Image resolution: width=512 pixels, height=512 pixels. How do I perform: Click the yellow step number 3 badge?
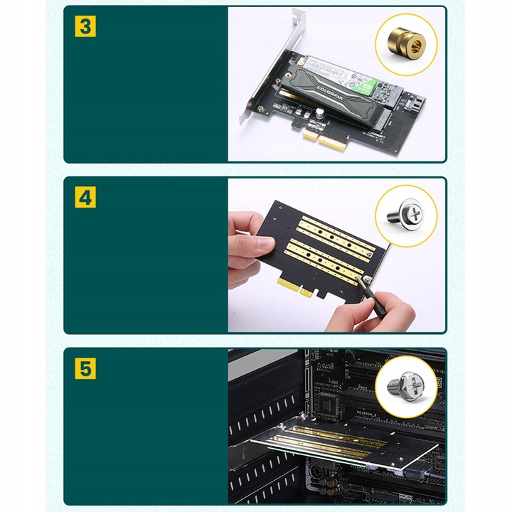tap(85, 27)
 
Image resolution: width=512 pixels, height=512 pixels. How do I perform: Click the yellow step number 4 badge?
tap(85, 198)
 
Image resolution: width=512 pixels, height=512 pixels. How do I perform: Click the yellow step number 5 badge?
tap(85, 369)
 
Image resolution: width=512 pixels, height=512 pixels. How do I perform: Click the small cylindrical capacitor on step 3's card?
tap(321, 112)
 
